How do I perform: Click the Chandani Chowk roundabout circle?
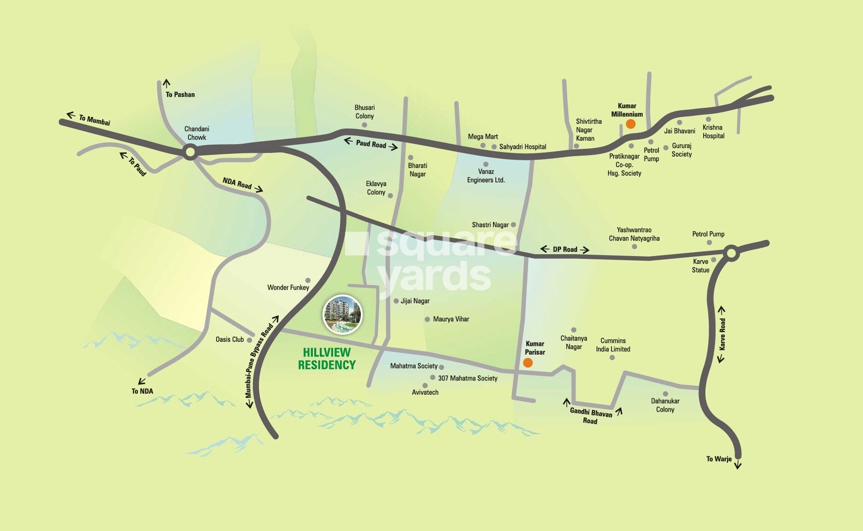[x=190, y=152]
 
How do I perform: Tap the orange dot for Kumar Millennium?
[x=630, y=124]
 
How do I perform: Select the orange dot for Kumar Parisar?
[x=528, y=363]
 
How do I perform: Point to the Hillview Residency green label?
[x=327, y=359]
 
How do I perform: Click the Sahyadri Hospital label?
[x=522, y=147]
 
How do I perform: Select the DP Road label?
[x=564, y=249]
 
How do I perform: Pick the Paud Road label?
[x=371, y=144]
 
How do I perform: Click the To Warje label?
[x=718, y=459]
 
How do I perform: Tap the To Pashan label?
[x=180, y=94]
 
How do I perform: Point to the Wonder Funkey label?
[x=288, y=287]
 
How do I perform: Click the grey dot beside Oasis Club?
[x=249, y=340]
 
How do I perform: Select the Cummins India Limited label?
[x=613, y=345]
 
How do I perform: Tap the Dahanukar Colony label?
[x=665, y=405]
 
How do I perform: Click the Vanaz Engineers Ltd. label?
[x=486, y=176]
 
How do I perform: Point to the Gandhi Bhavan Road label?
[x=591, y=416]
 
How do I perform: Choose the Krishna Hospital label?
[x=713, y=132]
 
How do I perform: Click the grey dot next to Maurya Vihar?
[x=427, y=319]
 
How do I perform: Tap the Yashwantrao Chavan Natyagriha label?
[x=634, y=234]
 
